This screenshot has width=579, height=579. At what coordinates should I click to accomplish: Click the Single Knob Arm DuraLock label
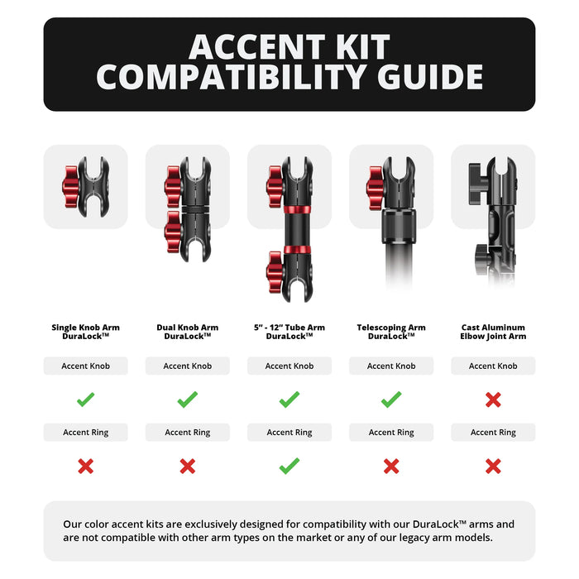[86, 332]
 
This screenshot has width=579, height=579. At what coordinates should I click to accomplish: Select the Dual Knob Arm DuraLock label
[188, 332]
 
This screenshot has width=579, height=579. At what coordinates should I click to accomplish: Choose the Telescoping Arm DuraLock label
[391, 332]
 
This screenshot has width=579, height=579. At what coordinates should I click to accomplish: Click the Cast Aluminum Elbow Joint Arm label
[493, 332]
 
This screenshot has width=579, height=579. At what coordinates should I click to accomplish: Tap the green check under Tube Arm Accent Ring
[289, 467]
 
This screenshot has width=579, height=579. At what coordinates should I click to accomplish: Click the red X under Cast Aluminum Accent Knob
[493, 400]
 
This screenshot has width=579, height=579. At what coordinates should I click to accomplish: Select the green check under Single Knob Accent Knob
[86, 400]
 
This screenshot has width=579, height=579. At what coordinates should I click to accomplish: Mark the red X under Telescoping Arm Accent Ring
[391, 467]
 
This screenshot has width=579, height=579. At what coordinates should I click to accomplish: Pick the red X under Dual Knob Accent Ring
[188, 467]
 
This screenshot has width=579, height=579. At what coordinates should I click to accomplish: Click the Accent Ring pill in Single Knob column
[86, 433]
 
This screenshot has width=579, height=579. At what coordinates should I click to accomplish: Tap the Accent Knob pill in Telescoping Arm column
[391, 366]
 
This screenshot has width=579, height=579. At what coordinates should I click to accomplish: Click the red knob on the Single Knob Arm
[71, 185]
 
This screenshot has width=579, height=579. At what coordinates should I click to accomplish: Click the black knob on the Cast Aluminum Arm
[477, 176]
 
